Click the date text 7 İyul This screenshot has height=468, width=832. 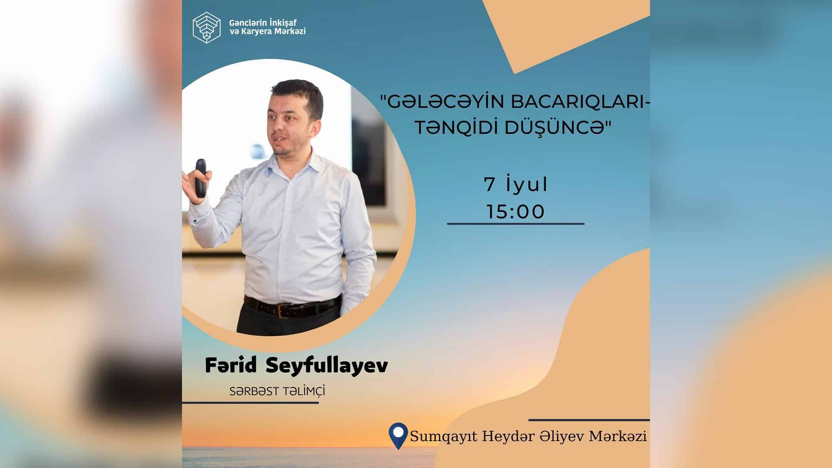(516, 185)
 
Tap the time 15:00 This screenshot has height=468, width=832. (516, 212)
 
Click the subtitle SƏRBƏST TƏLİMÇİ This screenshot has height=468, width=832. (277, 391)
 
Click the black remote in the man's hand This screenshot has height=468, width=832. (200, 179)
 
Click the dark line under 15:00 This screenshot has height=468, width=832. (516, 224)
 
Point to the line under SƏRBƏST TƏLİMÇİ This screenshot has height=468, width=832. (250, 403)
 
